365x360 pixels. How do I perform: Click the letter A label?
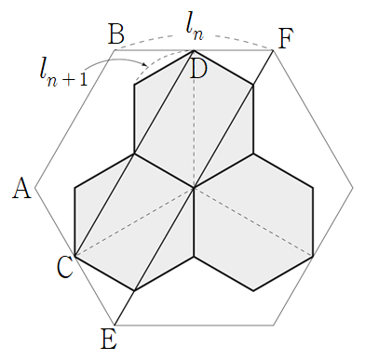tap(21, 189)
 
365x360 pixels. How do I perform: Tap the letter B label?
tap(116, 33)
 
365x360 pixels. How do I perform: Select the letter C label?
tap(65, 268)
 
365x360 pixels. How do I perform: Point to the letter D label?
tap(197, 71)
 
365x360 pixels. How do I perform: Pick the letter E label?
tap(109, 340)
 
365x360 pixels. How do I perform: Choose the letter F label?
tap(285, 38)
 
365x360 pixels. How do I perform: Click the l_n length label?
tap(195, 31)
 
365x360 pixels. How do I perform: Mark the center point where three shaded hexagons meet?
tap(194, 188)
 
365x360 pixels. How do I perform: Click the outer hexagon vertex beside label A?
tap(35, 188)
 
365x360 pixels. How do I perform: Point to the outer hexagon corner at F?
tap(273, 50)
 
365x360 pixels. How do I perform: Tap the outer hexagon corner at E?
tap(115, 325)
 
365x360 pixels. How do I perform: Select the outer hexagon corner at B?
tap(115, 50)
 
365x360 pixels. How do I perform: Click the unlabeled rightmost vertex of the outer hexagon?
tap(353, 188)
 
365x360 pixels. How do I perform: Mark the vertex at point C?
tap(74, 256)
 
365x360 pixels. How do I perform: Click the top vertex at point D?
tap(194, 50)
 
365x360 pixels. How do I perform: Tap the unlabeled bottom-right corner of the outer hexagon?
tap(273, 325)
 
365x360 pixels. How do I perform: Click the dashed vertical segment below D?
tap(194, 119)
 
